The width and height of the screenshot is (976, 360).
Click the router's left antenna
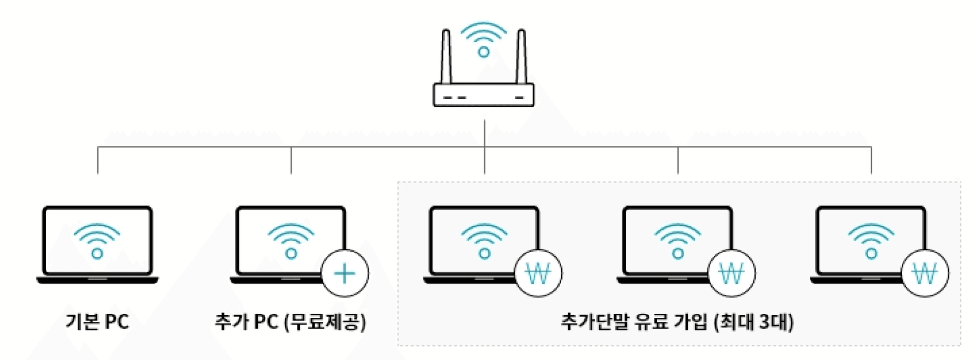(x=446, y=56)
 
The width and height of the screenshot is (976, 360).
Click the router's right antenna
(x=521, y=56)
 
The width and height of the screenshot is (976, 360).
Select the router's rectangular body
(x=483, y=95)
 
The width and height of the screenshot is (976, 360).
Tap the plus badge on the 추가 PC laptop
(x=345, y=274)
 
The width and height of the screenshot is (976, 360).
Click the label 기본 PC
(x=97, y=322)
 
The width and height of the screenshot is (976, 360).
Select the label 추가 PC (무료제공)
(x=290, y=322)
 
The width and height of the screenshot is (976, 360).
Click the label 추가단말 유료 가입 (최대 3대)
(x=677, y=322)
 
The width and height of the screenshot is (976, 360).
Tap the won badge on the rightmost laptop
(x=925, y=274)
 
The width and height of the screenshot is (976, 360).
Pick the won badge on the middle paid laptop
(x=731, y=274)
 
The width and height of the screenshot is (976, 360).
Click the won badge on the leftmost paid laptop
(x=538, y=274)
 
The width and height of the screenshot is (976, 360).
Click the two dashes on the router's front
(x=454, y=97)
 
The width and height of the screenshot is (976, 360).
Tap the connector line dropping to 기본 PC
(x=98, y=161)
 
